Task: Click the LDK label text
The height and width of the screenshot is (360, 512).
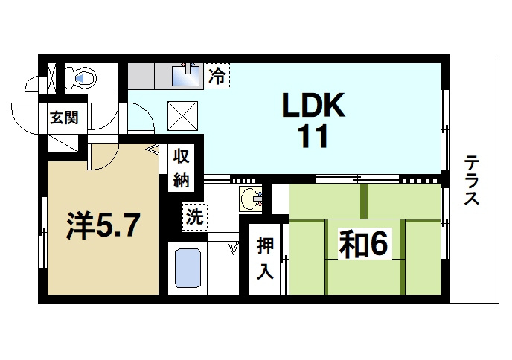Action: point(313,107)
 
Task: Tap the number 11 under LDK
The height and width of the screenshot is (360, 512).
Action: point(313,138)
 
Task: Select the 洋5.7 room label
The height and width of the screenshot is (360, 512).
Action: point(102,227)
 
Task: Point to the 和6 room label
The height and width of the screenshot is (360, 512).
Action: point(364,245)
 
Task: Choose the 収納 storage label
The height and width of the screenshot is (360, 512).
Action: point(182,167)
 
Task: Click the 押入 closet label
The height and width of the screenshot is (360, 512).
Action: point(265,257)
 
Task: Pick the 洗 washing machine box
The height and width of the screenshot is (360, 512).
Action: point(194,217)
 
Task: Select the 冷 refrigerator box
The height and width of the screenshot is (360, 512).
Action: point(217,74)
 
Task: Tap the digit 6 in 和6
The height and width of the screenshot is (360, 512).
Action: point(380,245)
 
